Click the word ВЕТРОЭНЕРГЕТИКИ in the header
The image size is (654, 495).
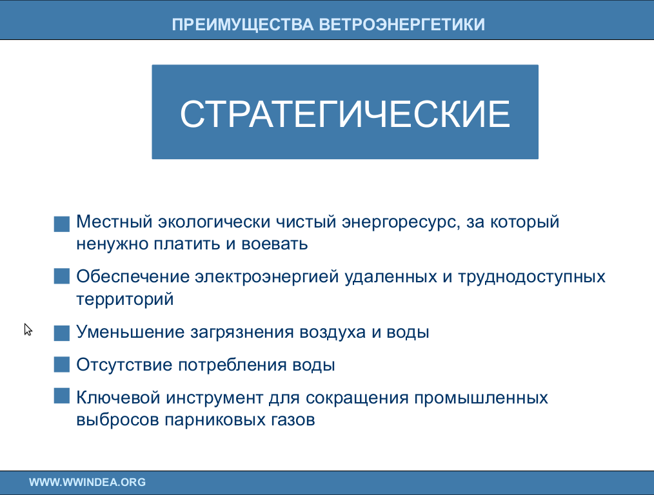coord(402,24)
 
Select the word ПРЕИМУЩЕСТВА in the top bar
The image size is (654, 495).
coord(243,24)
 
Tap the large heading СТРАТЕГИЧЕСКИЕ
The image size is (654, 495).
coord(345,113)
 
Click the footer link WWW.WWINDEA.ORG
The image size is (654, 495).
coord(87,482)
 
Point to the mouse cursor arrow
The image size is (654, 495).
coord(28,329)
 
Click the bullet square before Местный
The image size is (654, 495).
coord(62,224)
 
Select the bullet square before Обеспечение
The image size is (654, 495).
coord(62,276)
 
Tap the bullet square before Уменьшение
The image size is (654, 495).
coord(62,333)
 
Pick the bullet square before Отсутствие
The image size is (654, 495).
coord(62,364)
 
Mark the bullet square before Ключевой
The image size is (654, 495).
coord(62,396)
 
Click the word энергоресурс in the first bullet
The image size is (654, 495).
coord(401,222)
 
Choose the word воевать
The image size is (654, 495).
coord(275,244)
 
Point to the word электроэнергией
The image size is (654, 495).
coord(266,277)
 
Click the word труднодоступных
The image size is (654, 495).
coord(532,278)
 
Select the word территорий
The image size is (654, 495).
coord(124,299)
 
